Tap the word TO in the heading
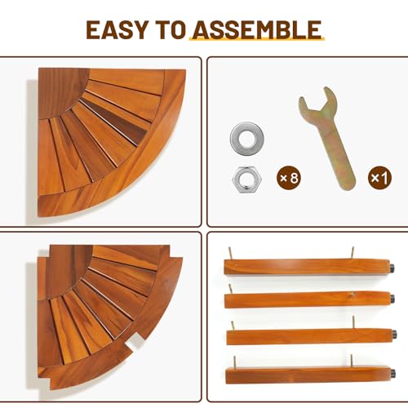pos(171,30)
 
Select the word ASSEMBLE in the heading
pos(258,30)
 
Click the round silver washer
pos(246,138)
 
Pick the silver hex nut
pos(246,180)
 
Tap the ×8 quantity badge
pos(289,178)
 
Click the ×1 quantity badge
pos(379,178)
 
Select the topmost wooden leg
pos(307,267)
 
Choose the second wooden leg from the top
pos(307,299)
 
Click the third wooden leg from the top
pos(310,336)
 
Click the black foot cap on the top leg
pos(392,268)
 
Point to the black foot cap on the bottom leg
pos(393,372)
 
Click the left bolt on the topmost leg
pos(230,253)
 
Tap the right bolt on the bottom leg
pos(352,361)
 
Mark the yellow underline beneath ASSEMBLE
pos(257,39)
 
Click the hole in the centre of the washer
pos(246,138)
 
